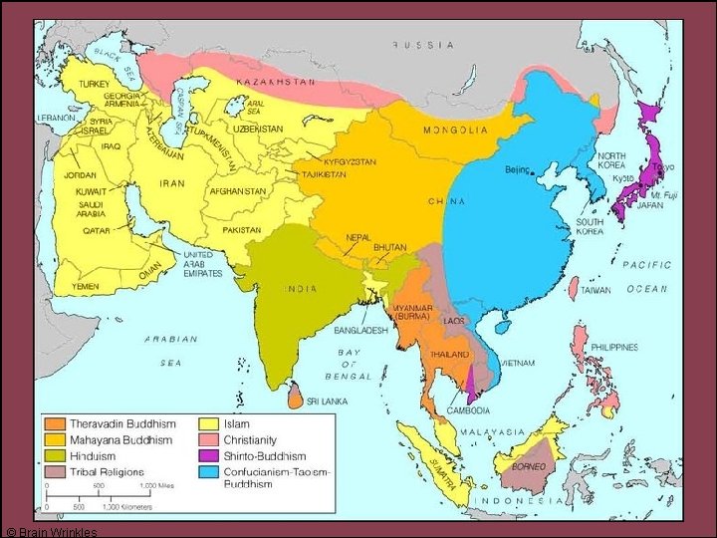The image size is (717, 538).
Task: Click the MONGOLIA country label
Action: pos(456,130)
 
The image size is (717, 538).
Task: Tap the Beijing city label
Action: pos(518,170)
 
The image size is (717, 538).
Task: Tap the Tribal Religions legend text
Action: pos(107,471)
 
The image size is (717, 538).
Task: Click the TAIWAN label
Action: pos(597,290)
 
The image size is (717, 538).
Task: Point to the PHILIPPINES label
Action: pos(613,347)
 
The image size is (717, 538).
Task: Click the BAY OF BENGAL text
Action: pos(350,365)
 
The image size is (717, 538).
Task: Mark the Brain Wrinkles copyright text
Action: pos(53,531)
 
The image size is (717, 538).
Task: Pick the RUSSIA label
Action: pos(423,45)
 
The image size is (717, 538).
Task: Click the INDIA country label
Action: pos(301,289)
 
